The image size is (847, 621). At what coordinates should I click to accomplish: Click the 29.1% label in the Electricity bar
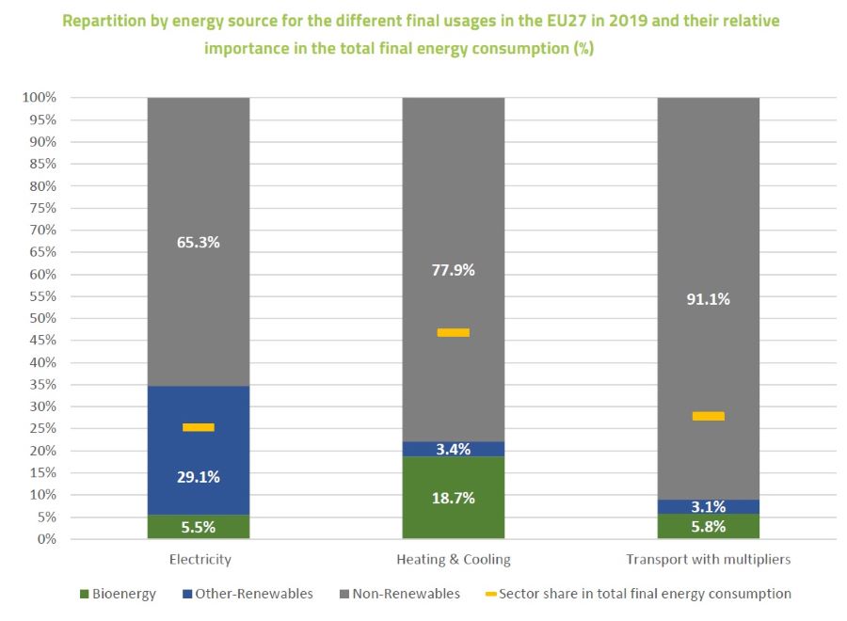click(x=199, y=477)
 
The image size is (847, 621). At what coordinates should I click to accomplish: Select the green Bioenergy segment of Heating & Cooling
click(x=453, y=498)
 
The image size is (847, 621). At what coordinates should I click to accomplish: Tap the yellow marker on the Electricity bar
click(x=199, y=427)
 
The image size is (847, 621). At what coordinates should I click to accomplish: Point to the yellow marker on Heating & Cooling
click(x=453, y=332)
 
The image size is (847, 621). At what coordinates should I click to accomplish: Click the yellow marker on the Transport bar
click(x=708, y=416)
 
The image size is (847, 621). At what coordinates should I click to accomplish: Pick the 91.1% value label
click(x=708, y=299)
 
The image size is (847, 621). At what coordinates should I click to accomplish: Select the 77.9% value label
click(x=453, y=270)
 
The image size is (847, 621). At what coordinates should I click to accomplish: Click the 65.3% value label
click(x=199, y=242)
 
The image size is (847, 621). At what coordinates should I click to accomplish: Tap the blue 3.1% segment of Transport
click(x=708, y=506)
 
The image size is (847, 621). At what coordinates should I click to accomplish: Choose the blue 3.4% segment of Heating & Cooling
click(x=453, y=449)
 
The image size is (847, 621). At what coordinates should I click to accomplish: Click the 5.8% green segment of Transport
click(x=708, y=527)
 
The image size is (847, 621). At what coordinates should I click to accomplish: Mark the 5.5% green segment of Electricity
click(x=199, y=527)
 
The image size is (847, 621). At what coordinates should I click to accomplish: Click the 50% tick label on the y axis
click(x=41, y=318)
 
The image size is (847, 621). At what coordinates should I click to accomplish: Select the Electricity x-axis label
click(x=200, y=559)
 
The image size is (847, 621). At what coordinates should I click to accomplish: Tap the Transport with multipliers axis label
click(x=708, y=559)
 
